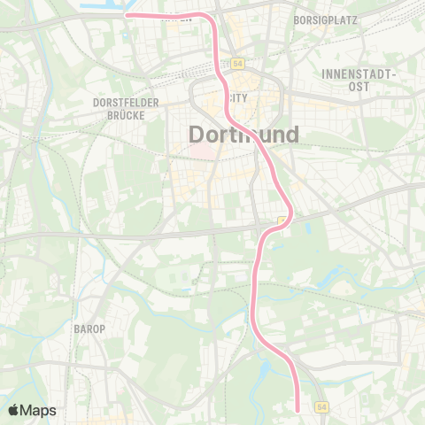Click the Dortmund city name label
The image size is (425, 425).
click(x=243, y=134)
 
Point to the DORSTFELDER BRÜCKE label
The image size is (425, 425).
click(x=125, y=108)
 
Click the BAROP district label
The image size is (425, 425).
click(x=90, y=328)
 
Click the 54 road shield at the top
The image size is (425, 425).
click(x=238, y=64)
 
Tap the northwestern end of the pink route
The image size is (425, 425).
click(x=127, y=15)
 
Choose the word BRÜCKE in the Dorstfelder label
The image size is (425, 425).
click(x=126, y=114)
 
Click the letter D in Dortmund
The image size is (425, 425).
click(x=197, y=134)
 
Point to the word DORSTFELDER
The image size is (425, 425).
click(x=125, y=103)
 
